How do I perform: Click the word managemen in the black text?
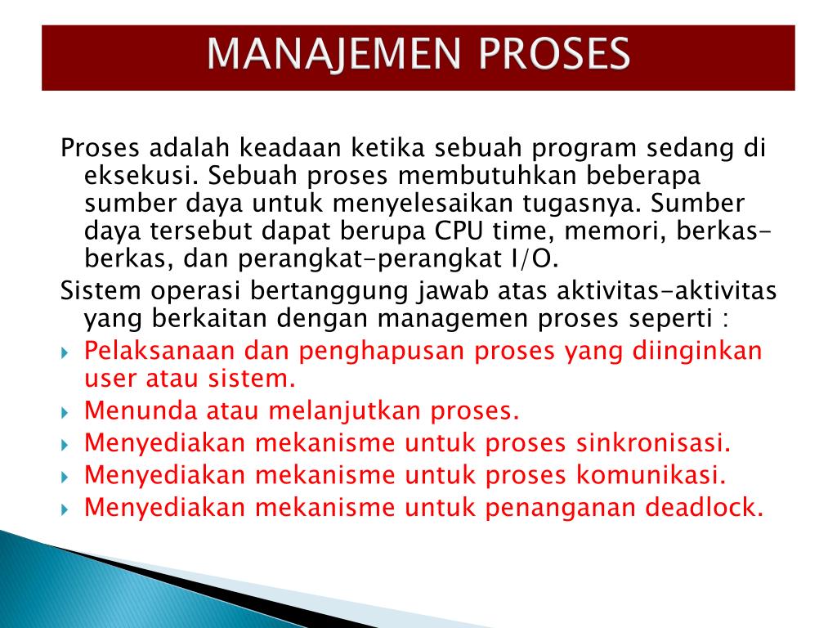526,317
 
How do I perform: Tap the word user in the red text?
110,379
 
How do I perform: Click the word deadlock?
704,507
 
